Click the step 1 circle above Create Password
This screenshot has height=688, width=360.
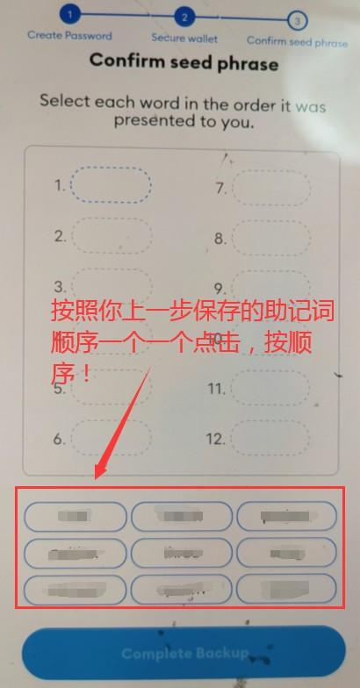click(x=71, y=14)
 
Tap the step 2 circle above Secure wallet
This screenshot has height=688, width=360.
click(x=184, y=17)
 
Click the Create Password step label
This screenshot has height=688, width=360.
click(x=69, y=35)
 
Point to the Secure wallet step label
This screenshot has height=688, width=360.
click(x=184, y=38)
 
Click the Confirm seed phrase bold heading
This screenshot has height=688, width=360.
click(x=184, y=62)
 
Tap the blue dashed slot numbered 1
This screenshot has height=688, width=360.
click(x=110, y=186)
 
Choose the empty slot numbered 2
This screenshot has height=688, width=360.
click(x=110, y=236)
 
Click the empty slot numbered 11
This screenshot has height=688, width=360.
click(x=273, y=388)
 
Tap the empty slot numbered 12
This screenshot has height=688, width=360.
click(x=273, y=438)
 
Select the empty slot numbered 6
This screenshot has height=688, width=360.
click(x=110, y=438)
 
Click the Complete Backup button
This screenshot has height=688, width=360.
click(x=184, y=654)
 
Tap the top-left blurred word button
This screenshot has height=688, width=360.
click(x=76, y=516)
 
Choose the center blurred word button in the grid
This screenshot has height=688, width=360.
click(x=182, y=552)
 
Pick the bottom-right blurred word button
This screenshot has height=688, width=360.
click(x=285, y=588)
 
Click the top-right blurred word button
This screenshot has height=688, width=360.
click(x=285, y=516)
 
